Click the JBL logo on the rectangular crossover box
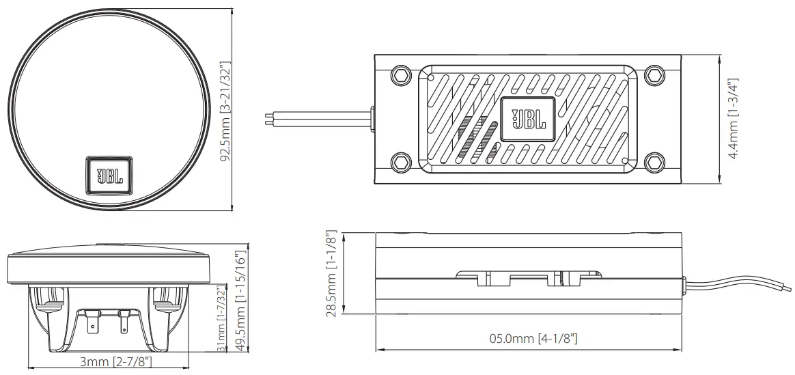tap(529, 120)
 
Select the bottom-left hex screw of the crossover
tap(400, 162)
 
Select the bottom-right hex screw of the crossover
tap(654, 162)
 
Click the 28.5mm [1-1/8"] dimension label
tap(332, 273)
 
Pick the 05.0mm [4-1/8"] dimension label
tap(529, 339)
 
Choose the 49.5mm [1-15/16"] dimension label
tap(239, 299)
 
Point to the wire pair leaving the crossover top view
tap(314, 120)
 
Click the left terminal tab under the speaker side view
tap(92, 322)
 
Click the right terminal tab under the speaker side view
tap(124, 322)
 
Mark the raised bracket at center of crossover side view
tap(529, 277)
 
